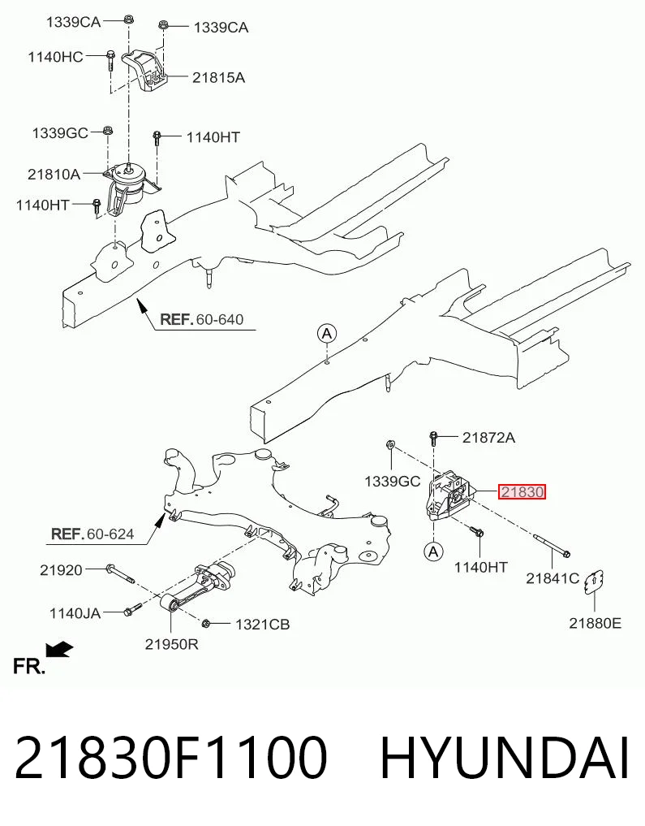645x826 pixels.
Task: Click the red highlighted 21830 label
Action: pyautogui.click(x=522, y=492)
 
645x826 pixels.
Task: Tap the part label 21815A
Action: pyautogui.click(x=218, y=77)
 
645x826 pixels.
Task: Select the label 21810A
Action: pyautogui.click(x=54, y=174)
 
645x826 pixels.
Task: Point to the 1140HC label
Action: pyautogui.click(x=55, y=56)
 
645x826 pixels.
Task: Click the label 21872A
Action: pyautogui.click(x=488, y=437)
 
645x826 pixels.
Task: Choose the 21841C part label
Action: pyautogui.click(x=553, y=578)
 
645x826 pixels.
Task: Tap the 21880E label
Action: pyautogui.click(x=595, y=623)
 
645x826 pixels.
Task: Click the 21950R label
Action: pyautogui.click(x=171, y=644)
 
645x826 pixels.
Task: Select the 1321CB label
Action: pyautogui.click(x=262, y=625)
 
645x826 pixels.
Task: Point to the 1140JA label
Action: pyautogui.click(x=75, y=613)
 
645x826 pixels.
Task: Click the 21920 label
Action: pyautogui.click(x=61, y=570)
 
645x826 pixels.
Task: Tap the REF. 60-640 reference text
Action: pyautogui.click(x=201, y=319)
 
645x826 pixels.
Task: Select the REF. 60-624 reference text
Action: pyautogui.click(x=92, y=534)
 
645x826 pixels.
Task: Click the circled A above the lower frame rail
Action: pyautogui.click(x=327, y=334)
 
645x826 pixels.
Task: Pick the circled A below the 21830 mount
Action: pyautogui.click(x=433, y=551)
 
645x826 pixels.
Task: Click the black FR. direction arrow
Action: pyautogui.click(x=59, y=650)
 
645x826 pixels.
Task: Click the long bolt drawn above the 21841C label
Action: pyautogui.click(x=552, y=545)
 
